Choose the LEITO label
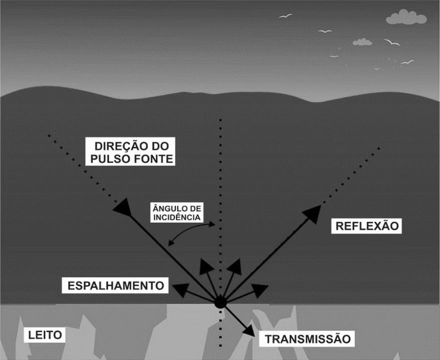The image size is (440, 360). [x=43, y=335]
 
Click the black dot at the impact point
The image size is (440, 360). [x=220, y=302]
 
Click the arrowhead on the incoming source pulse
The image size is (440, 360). [x=122, y=207]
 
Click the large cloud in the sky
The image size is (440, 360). [x=406, y=18]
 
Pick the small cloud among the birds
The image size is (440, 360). [x=362, y=42]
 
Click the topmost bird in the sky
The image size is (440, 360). [x=285, y=17]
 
